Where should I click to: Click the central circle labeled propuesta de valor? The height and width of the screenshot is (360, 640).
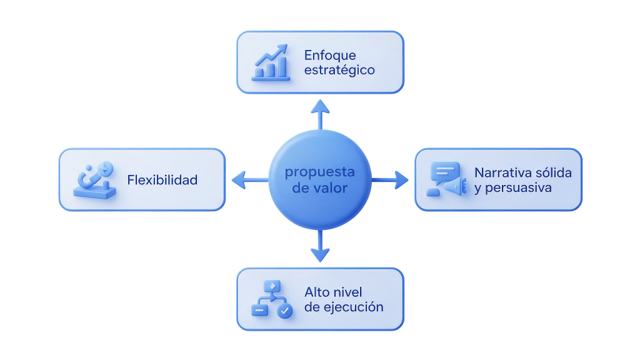point(320,179)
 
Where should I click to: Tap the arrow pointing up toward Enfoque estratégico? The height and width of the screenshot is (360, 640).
point(321,114)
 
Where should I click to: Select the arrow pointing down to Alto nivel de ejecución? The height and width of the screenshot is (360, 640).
point(320,246)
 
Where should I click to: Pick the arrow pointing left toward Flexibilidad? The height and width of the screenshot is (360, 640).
point(250,179)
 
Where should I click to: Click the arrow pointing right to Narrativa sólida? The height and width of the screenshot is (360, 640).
point(390,179)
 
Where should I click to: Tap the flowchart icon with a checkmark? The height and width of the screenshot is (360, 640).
point(272,299)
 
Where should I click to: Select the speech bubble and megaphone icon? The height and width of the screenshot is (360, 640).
point(446,179)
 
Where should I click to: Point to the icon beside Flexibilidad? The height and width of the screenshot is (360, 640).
point(95,180)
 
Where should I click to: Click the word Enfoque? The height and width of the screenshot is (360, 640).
point(330,55)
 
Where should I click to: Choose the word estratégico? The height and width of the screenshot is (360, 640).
point(339,70)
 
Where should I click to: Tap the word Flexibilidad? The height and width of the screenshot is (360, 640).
point(162,180)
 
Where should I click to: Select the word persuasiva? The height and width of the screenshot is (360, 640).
point(518,187)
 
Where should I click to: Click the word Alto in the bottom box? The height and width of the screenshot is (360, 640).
point(316,292)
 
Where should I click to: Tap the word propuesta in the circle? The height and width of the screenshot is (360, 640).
point(319,172)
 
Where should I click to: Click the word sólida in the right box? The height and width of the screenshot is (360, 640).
point(554,172)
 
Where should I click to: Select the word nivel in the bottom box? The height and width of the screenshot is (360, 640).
point(346,292)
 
